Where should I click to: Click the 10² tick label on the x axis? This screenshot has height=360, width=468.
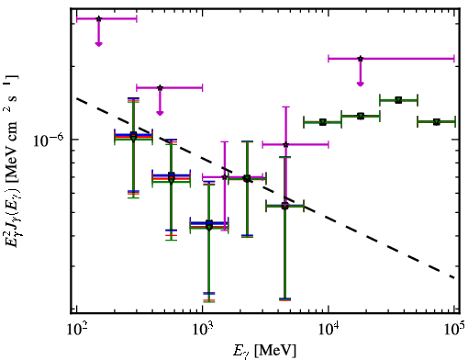pos(77,330)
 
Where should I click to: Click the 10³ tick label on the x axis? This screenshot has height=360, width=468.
pos(203,330)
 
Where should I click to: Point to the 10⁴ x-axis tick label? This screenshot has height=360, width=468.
pos(329,330)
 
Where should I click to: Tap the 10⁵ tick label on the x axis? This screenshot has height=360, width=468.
pos(454,330)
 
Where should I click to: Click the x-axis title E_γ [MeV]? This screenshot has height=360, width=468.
pos(264,351)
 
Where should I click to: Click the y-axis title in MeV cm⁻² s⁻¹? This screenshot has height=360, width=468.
pos(12,162)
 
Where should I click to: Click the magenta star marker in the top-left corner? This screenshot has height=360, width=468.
pos(98,19)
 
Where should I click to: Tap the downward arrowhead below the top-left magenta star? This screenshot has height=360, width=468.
pos(98,44)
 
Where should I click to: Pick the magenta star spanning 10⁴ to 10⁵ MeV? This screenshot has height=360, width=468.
pos(361,59)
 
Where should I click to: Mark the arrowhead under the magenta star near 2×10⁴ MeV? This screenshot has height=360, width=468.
pos(361,84)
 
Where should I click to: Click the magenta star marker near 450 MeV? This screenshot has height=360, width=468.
pos(160,88)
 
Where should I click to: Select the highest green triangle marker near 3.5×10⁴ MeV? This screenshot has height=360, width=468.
pos(398,100)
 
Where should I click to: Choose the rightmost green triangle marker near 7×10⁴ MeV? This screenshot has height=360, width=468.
pos(437,122)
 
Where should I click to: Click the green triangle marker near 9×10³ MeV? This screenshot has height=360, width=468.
pos(323,122)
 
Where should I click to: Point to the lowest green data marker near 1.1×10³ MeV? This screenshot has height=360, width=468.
pos(209,227)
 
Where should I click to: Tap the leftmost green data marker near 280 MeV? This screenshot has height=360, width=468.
pos(133,138)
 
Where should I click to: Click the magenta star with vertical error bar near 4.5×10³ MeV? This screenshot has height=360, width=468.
pos(286,145)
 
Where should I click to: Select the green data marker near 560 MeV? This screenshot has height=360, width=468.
pos(172,181)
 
